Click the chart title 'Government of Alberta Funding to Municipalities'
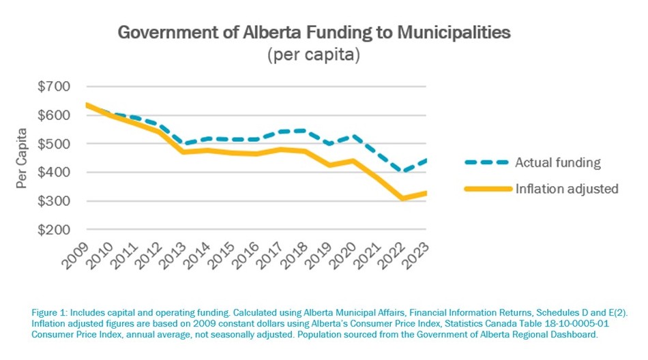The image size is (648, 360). (314, 32)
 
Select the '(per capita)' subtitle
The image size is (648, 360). (313, 55)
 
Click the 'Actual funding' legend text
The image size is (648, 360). (557, 162)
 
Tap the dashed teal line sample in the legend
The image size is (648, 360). (488, 162)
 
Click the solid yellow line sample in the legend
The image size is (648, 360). (488, 188)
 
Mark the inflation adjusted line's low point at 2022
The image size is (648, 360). (402, 198)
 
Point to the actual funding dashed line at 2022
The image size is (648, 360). (402, 172)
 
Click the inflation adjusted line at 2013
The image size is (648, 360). (183, 151)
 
